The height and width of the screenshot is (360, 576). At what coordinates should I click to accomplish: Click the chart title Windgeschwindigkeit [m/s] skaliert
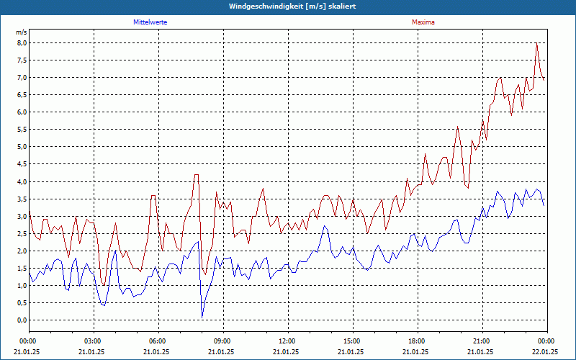(x=287, y=6)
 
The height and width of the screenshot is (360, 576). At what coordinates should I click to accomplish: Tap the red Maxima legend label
(x=423, y=22)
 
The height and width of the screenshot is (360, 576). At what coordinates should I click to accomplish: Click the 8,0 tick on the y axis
(x=21, y=43)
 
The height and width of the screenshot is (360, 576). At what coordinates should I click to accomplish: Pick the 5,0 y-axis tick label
(x=21, y=147)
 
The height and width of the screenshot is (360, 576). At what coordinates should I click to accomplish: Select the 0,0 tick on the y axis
(x=21, y=320)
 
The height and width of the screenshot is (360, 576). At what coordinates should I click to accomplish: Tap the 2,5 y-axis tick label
(x=21, y=233)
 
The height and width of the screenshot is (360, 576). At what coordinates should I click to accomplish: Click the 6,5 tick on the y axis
(x=21, y=95)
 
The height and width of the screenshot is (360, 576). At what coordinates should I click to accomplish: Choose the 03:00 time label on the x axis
(x=93, y=341)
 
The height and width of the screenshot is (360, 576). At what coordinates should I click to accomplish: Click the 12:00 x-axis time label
(x=287, y=341)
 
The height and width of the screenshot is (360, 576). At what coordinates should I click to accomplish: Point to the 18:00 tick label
(x=417, y=341)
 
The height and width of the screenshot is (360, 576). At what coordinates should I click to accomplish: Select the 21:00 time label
(x=482, y=341)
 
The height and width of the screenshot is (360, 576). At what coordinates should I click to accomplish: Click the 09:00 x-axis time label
(x=222, y=341)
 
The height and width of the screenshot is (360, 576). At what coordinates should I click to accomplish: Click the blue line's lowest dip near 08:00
(x=202, y=316)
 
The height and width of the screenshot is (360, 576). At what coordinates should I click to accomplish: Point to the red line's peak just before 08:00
(x=196, y=175)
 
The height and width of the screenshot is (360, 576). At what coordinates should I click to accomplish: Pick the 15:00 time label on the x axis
(x=352, y=341)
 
